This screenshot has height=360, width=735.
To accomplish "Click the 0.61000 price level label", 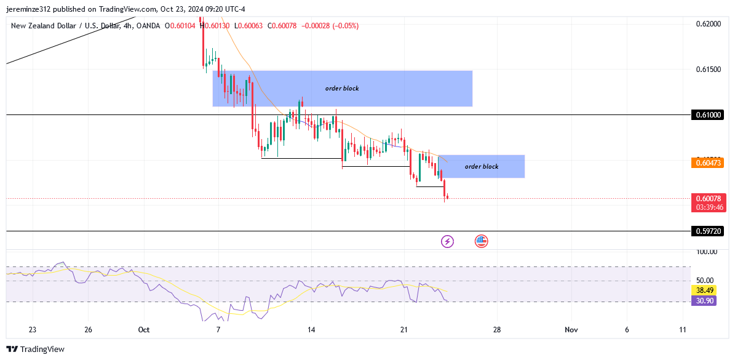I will point(707,115).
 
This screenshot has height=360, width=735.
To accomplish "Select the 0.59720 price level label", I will point(707,231).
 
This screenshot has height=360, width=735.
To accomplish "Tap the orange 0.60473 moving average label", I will point(707,163).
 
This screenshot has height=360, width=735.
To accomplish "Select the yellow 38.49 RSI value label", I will point(704,290).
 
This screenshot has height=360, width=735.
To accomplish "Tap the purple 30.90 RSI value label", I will point(704,301).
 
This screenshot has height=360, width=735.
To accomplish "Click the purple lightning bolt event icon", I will point(447,241).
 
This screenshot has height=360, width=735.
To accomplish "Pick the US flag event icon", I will point(481,241).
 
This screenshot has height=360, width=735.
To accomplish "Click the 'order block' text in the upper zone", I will point(342,89).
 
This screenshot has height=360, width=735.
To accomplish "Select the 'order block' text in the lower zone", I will point(482,167).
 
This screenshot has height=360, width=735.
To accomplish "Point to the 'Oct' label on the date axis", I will point(144,330).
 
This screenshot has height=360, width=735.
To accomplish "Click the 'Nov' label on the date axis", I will point(571,330).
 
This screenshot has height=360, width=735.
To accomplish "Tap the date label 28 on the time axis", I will point(496,330).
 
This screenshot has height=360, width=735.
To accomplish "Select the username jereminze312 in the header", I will point(36,9).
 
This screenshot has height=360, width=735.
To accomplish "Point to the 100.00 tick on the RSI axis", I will point(707,252).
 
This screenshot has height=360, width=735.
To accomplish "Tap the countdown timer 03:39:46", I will point(710,207).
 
